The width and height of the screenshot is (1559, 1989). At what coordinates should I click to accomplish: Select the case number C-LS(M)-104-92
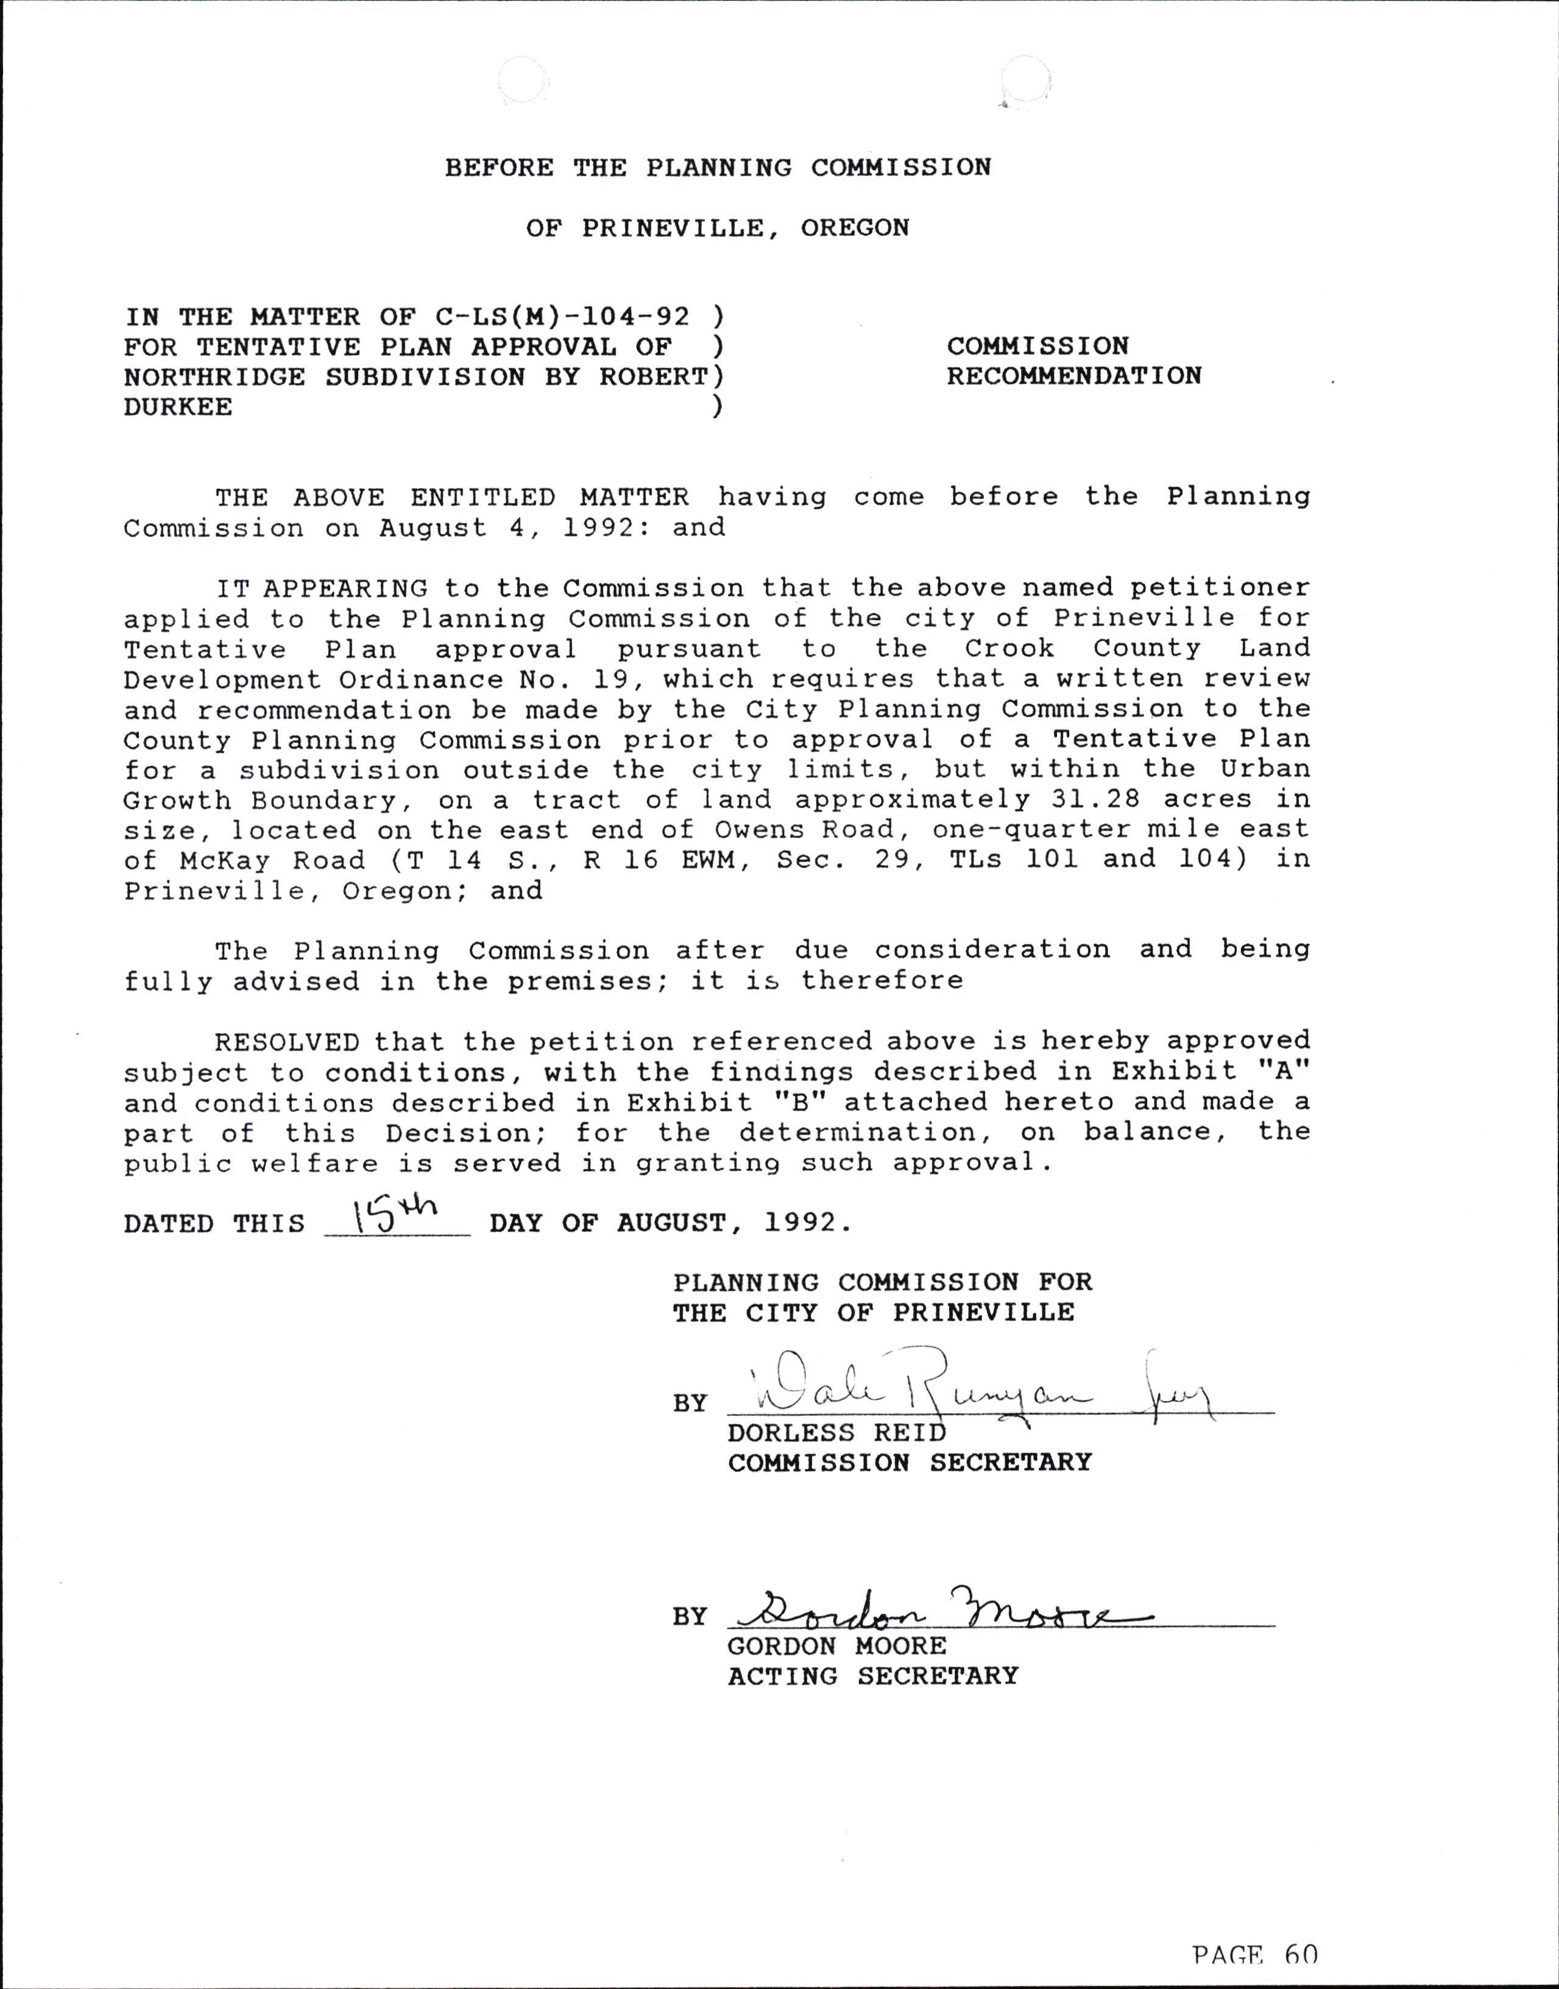point(561,317)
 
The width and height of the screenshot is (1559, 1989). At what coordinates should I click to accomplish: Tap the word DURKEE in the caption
point(178,407)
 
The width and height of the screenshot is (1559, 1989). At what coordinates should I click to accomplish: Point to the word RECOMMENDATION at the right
point(1073,376)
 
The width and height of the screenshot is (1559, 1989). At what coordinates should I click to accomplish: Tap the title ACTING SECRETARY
point(872,1676)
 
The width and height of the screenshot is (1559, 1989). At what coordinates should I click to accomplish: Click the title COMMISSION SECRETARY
point(909,1462)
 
